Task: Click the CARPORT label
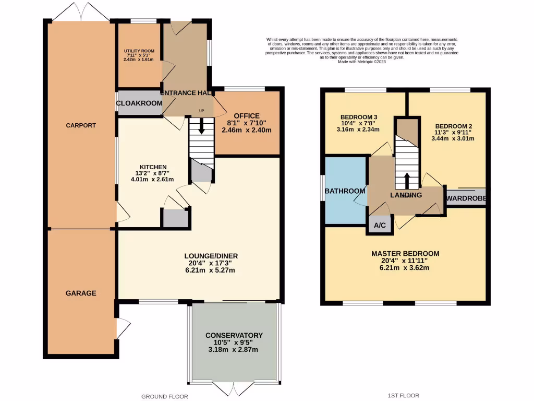[x=81, y=125]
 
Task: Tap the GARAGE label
[x=81, y=293]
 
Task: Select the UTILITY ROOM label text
[x=139, y=51]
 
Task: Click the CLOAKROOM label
[x=139, y=103]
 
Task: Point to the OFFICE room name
[x=247, y=115]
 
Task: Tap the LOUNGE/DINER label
[x=211, y=256]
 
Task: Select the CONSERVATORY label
[x=234, y=335]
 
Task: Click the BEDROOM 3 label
[x=359, y=116]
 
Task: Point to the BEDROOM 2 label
[x=454, y=126]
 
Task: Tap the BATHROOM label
[x=345, y=191]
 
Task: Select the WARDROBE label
[x=466, y=198]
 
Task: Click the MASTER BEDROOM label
[x=405, y=254]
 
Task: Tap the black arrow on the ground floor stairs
[x=201, y=125]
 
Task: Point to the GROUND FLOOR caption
[x=165, y=396]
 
